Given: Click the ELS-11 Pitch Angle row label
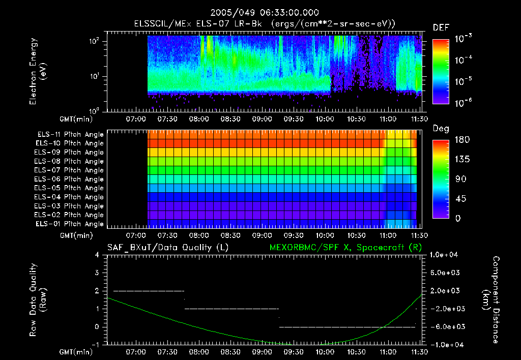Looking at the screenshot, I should coord(69,134).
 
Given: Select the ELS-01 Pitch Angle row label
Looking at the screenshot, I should coord(69,224).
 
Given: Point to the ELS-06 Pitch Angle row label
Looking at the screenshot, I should coord(69,179).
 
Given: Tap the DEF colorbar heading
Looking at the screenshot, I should coord(440,27).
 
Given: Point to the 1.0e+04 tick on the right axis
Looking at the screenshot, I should coord(445,255).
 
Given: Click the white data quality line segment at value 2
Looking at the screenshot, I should coord(148,291).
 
